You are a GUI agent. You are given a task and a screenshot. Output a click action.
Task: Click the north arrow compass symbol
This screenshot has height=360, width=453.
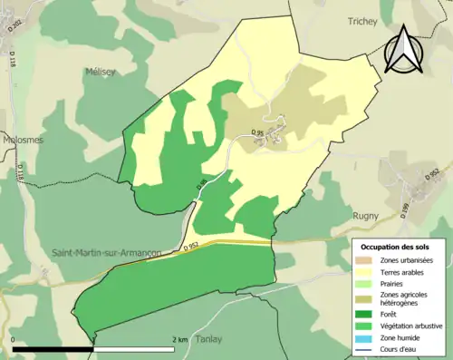pos(403,50)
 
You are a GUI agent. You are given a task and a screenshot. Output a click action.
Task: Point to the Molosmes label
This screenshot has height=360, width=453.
pos(21,141)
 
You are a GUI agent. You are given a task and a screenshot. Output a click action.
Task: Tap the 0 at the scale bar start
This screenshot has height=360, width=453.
pos(14,339)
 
